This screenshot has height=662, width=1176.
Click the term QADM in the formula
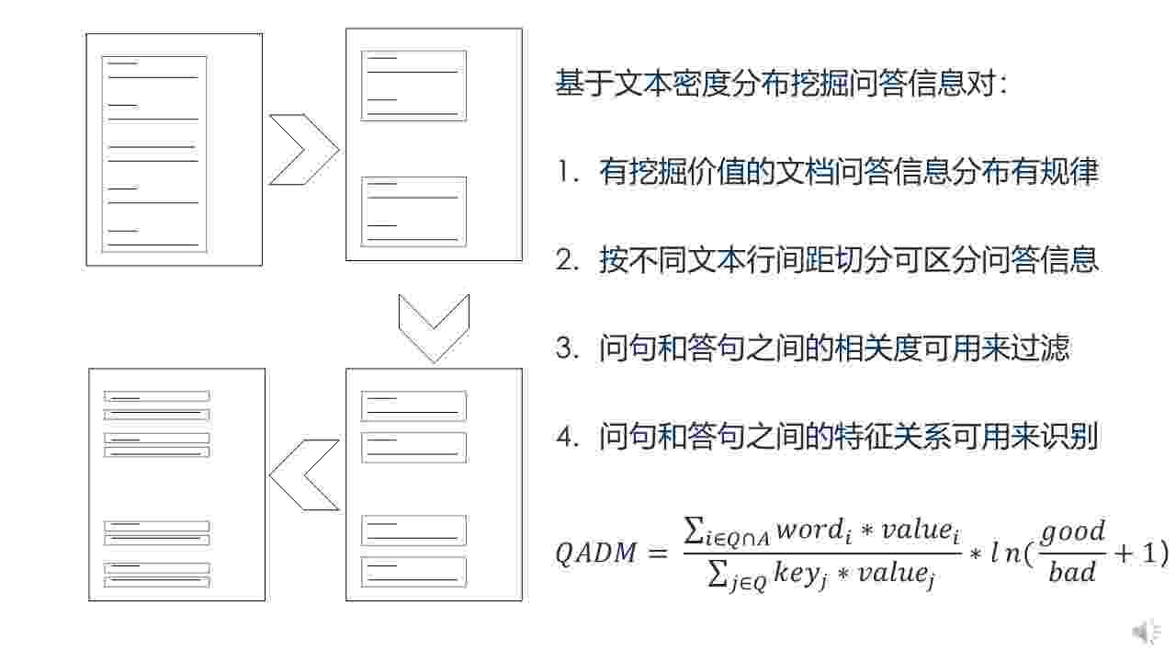(x=595, y=554)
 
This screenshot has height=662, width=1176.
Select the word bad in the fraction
(x=1072, y=573)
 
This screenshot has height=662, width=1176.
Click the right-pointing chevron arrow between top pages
(x=303, y=150)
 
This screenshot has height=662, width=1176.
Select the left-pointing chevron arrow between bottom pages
(x=303, y=474)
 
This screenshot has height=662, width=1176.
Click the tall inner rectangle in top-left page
(x=154, y=154)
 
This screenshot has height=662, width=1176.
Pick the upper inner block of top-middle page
(x=413, y=86)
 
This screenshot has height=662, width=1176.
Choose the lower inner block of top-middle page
(x=413, y=211)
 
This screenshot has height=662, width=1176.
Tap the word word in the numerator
(x=808, y=531)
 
